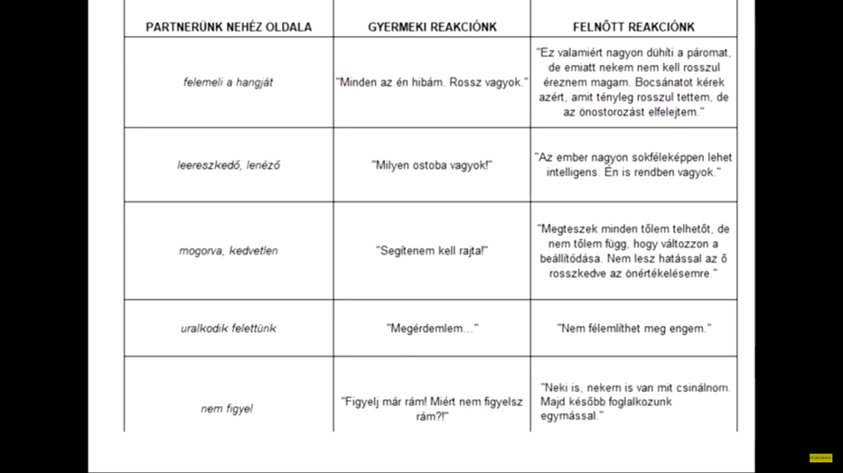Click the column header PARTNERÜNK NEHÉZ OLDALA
point(229,27)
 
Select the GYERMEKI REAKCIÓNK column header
point(432,27)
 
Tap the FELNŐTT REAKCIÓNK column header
point(633,27)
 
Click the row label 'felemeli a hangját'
point(228,82)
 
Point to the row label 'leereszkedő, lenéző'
point(229,165)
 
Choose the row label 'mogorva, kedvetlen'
point(229,251)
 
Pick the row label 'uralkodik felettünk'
point(229,329)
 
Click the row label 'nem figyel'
point(227,409)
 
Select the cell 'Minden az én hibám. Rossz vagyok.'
point(432,82)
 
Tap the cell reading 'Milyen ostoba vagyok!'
point(432,165)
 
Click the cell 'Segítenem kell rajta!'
point(432,251)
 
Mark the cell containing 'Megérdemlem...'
point(432,329)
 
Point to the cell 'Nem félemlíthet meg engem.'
point(633,329)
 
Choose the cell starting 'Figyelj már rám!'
point(432,409)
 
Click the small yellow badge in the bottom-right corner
point(820,459)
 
